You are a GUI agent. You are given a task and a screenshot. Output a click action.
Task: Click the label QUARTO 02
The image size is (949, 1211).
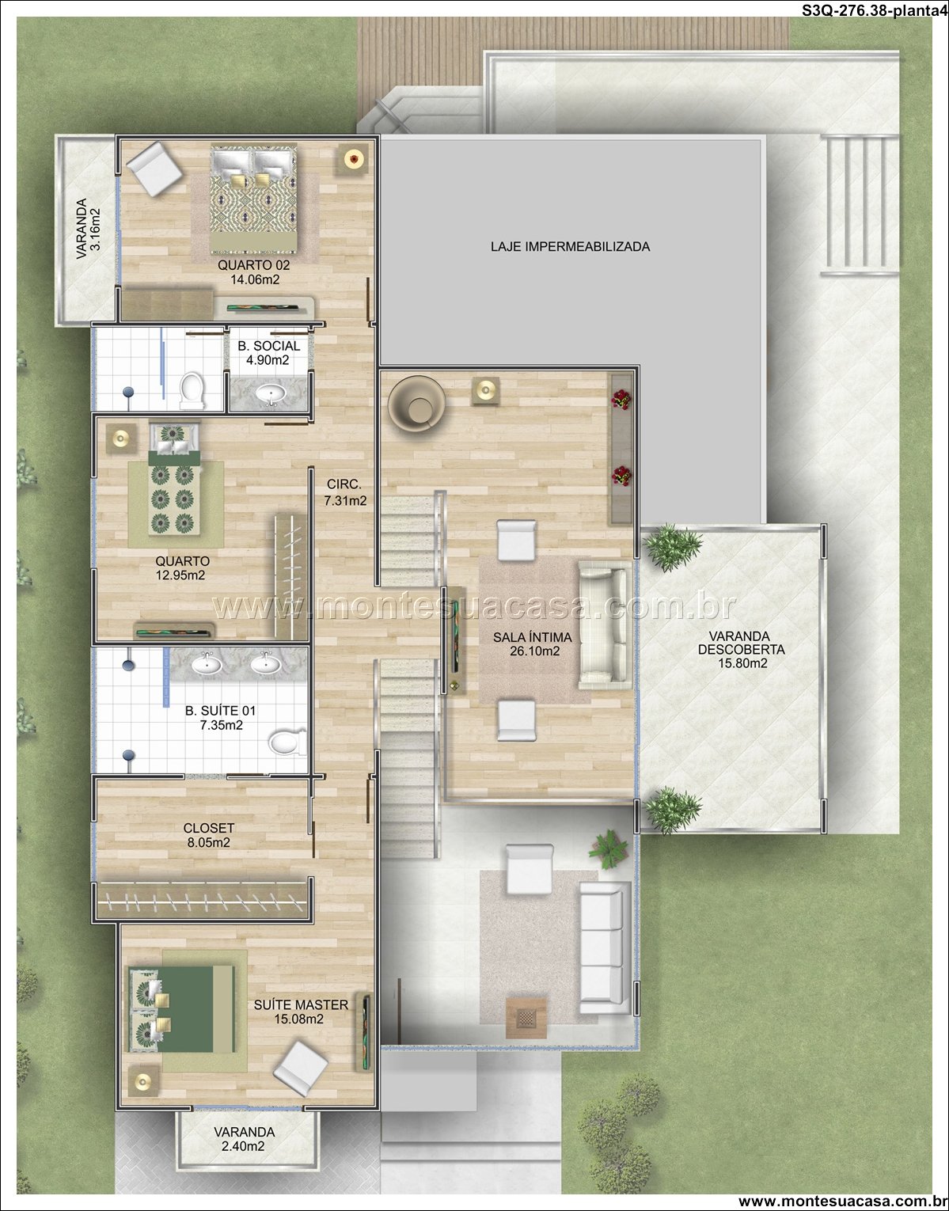[x=253, y=264]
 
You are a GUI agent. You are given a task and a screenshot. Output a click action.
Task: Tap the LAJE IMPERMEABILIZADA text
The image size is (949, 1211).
[x=570, y=246]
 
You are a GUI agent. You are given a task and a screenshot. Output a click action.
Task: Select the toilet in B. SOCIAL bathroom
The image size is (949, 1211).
[x=191, y=390]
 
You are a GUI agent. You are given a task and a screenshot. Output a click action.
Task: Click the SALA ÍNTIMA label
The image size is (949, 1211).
[x=532, y=637]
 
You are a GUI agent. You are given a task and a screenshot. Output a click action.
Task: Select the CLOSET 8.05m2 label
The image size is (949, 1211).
[x=208, y=835]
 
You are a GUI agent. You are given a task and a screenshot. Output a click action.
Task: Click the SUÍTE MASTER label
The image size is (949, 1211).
[x=301, y=1004]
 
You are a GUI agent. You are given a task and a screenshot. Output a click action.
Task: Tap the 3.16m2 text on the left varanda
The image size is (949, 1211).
[x=95, y=229]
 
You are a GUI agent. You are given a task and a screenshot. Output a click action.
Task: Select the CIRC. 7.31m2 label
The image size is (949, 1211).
[x=346, y=492]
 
